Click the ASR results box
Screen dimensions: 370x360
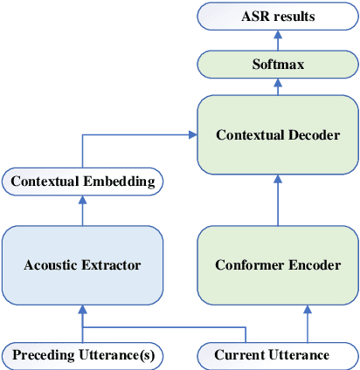pyautogui.click(x=278, y=16)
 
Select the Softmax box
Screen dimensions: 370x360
pyautogui.click(x=278, y=65)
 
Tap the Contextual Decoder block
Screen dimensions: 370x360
pyautogui.click(x=278, y=134)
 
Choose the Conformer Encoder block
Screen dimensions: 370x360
pyautogui.click(x=278, y=264)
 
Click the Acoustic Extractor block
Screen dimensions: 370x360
pyautogui.click(x=83, y=264)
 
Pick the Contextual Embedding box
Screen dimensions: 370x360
pyautogui.click(x=83, y=182)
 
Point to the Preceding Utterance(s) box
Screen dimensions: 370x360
pyautogui.click(x=83, y=355)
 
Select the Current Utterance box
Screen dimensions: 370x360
pyautogui.click(x=272, y=355)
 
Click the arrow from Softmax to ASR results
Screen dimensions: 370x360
pyautogui.click(x=278, y=40)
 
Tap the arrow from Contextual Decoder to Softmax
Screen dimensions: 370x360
pyautogui.click(x=278, y=86)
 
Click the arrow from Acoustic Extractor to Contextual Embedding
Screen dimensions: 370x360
pyautogui.click(x=83, y=209)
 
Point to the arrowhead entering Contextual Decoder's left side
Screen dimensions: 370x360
pyautogui.click(x=192, y=134)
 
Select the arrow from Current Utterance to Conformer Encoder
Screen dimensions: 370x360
pyautogui.click(x=306, y=323)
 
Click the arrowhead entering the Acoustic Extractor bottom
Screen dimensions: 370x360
pyautogui.click(x=83, y=308)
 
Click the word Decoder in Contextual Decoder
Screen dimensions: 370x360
pyautogui.click(x=312, y=135)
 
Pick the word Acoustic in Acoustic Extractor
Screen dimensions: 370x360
pyautogui.click(x=52, y=265)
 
